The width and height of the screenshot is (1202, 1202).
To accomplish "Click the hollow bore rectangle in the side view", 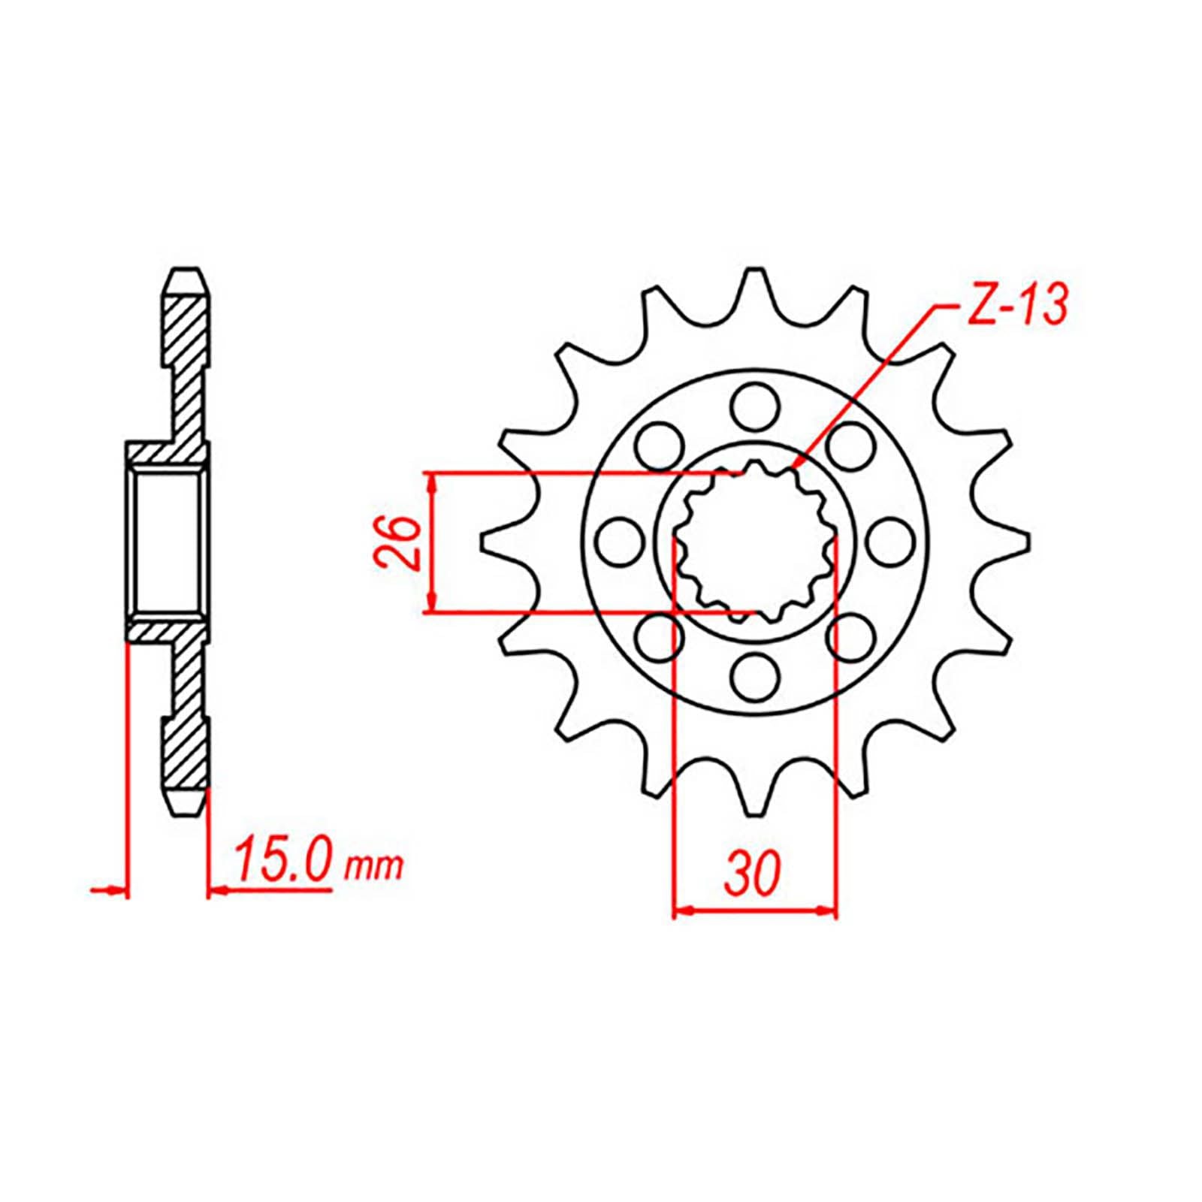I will pos(168,541).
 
